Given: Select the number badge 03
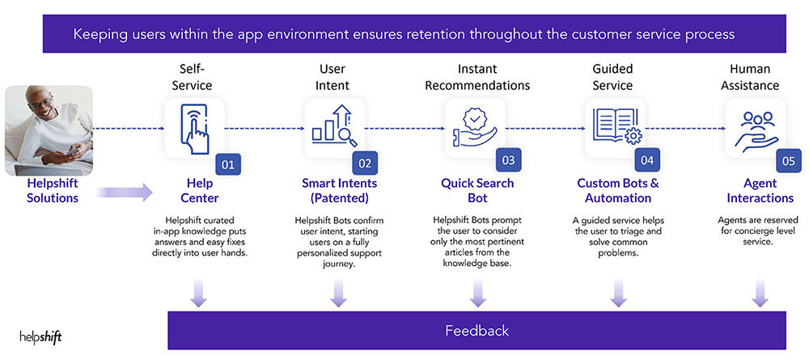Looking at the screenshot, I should click(508, 160).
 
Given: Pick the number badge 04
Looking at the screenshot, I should click(647, 160).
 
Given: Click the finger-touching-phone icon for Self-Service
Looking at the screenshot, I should click(193, 129).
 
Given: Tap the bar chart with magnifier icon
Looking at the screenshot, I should click(333, 128).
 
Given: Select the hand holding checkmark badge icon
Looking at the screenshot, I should click(475, 128).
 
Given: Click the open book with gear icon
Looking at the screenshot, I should click(615, 128).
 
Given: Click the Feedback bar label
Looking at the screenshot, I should click(477, 330).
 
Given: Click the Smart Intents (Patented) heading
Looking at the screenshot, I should click(338, 191).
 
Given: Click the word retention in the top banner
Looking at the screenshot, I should click(426, 35).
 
